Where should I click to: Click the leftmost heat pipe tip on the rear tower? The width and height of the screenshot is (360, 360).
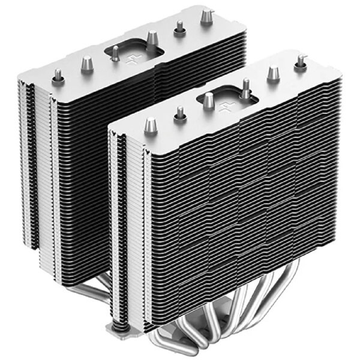(x=58, y=75)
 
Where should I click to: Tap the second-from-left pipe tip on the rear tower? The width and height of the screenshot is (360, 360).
(x=87, y=62)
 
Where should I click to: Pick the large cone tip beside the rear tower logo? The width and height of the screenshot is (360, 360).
(x=152, y=38)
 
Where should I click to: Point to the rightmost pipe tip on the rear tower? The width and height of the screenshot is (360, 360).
(x=207, y=14)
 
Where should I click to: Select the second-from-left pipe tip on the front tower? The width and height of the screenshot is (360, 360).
(x=179, y=113)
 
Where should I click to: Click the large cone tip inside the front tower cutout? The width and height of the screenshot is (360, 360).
(x=208, y=100)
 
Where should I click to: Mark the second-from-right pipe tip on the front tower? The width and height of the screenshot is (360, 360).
(x=273, y=72)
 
